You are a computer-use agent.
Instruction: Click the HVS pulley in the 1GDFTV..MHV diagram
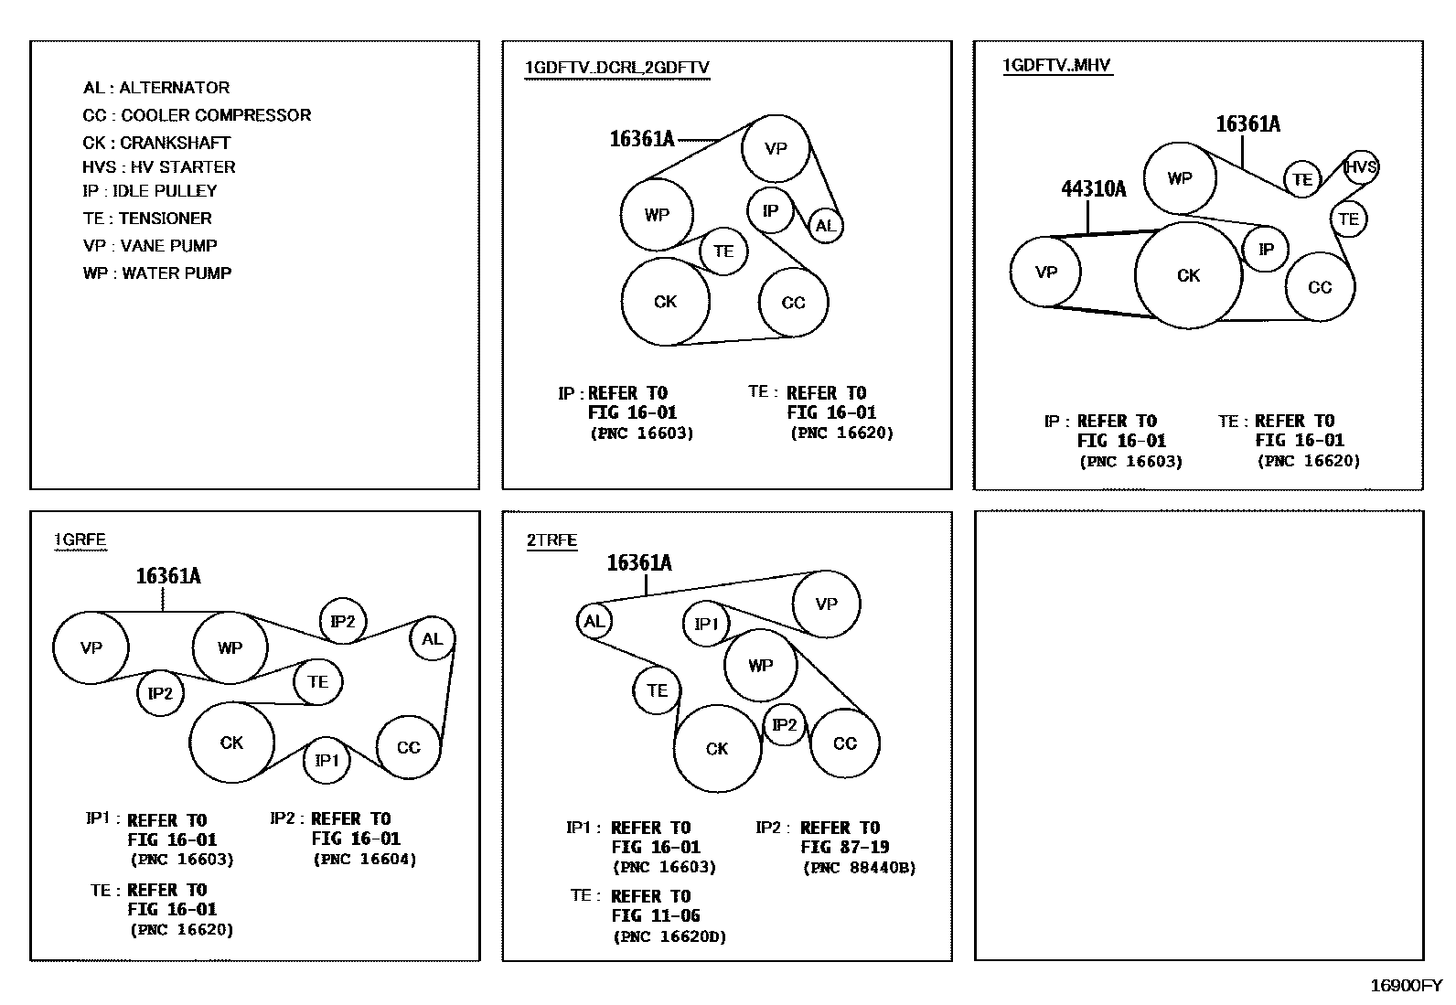(1361, 167)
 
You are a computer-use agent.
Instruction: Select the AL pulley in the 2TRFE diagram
(594, 622)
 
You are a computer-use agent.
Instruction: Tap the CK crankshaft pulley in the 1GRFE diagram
(231, 743)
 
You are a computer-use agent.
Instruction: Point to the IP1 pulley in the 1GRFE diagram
(327, 760)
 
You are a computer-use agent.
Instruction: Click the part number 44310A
(1093, 189)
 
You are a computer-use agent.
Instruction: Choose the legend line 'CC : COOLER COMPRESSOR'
(197, 115)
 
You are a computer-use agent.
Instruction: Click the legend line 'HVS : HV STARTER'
(158, 167)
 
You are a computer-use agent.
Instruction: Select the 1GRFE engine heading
(80, 540)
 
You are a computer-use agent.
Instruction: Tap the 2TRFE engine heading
(551, 540)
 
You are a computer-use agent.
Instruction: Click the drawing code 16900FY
(1405, 986)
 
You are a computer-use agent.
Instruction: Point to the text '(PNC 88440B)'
(859, 868)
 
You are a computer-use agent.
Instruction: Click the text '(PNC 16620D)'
(669, 936)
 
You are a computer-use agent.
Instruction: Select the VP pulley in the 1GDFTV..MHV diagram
(1046, 272)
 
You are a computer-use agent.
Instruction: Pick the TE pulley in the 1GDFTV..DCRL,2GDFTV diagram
(723, 251)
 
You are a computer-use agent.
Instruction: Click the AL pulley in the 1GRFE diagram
(432, 639)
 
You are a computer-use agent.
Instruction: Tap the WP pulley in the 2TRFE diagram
(760, 666)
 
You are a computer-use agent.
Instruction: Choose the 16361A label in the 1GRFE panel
(168, 576)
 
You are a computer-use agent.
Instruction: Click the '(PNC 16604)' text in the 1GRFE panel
(364, 860)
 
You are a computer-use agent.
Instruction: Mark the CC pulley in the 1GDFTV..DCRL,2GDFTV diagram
(793, 303)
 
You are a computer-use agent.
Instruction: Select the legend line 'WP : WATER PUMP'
(157, 273)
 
